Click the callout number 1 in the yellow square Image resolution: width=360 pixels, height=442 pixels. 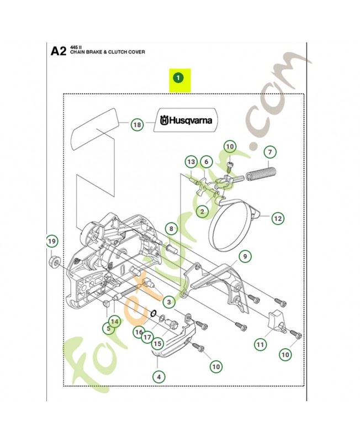coord(178,78)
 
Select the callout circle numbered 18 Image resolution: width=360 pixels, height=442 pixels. coord(137,125)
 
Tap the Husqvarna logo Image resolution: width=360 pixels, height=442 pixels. coord(186,120)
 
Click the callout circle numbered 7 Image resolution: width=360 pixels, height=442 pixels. coord(269,151)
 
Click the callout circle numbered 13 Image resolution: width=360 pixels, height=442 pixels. coord(191,162)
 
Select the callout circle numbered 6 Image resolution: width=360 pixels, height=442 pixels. coord(206,162)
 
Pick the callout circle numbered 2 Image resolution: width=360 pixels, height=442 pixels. coord(203,211)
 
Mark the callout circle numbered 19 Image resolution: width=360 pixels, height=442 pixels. coord(51,241)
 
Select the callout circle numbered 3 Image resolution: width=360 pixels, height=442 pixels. coord(168,302)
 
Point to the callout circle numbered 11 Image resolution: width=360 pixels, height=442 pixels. coord(260,344)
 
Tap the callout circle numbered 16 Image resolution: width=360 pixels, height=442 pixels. coord(138,331)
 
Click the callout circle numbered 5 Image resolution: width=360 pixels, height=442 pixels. coord(109,328)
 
